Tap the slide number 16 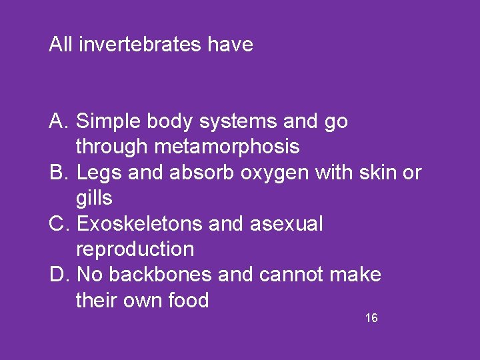[x=371, y=318]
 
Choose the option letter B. [x=57, y=173]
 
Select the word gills [x=94, y=198]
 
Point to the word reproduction [x=135, y=249]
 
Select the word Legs [x=97, y=173]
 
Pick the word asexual [x=286, y=224]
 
